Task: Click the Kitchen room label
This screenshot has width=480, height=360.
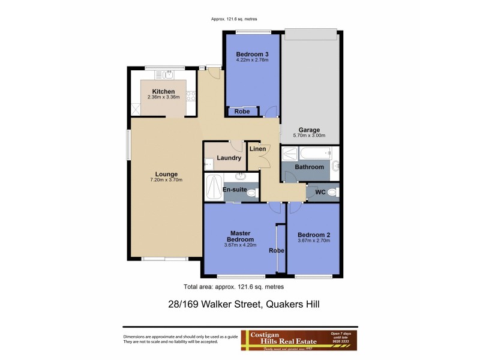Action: (163, 92)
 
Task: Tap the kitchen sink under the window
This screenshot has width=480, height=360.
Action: (165, 75)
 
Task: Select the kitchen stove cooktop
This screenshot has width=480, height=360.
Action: (191, 95)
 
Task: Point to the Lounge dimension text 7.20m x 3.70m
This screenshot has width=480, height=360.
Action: (166, 179)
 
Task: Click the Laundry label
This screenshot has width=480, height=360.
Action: (229, 158)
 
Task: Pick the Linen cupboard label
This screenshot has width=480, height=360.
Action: (258, 148)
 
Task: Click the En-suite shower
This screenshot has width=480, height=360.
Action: (213, 188)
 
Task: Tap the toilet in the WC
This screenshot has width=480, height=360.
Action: (334, 192)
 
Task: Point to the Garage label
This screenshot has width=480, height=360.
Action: (310, 130)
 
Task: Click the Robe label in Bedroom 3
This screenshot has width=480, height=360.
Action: (242, 112)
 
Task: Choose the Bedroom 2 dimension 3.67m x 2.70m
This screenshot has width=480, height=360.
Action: (314, 241)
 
